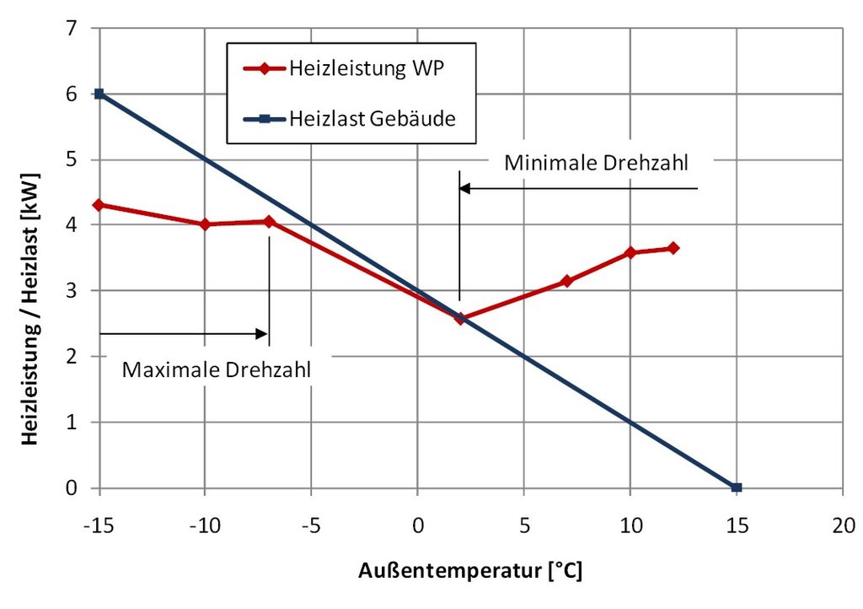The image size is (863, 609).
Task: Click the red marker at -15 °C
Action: pyautogui.click(x=99, y=204)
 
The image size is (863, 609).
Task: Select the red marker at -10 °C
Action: pyautogui.click(x=205, y=224)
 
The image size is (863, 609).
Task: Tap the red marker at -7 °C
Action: pyautogui.click(x=269, y=222)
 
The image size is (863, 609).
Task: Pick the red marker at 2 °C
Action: pyautogui.click(x=459, y=319)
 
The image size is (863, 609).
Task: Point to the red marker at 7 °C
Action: pyautogui.click(x=566, y=281)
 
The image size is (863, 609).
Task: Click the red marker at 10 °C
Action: pyautogui.click(x=630, y=252)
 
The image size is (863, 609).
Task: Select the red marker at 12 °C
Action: pyautogui.click(x=673, y=248)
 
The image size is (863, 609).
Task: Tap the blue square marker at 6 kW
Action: pyautogui.click(x=99, y=94)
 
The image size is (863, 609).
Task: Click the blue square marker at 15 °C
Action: pyautogui.click(x=737, y=488)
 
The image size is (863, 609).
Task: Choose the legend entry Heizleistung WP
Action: pyautogui.click(x=365, y=68)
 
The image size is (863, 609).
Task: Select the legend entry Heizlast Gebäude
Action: pyautogui.click(x=372, y=118)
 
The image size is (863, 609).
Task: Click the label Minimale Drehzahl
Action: pyautogui.click(x=595, y=163)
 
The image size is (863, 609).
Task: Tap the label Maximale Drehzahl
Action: pyautogui.click(x=217, y=369)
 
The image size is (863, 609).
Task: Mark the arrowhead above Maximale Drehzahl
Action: pyautogui.click(x=262, y=334)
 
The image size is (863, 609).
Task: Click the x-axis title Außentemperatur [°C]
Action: pyautogui.click(x=470, y=570)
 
